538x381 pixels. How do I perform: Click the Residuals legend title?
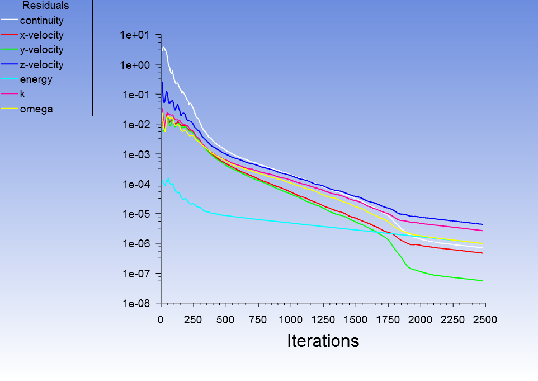pyautogui.click(x=45, y=6)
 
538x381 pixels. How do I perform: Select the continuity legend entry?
pyautogui.click(x=41, y=21)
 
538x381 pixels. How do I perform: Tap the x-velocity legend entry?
pyautogui.click(x=41, y=36)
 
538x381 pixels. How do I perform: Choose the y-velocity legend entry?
pyautogui.click(x=41, y=50)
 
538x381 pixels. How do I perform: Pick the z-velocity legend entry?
pyautogui.click(x=41, y=65)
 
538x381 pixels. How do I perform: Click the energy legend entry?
pyautogui.click(x=36, y=79)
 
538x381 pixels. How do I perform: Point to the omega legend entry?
pyautogui.click(x=36, y=109)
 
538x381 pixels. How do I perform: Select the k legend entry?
pyautogui.click(x=22, y=94)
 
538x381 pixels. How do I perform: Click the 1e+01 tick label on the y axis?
pyautogui.click(x=135, y=35)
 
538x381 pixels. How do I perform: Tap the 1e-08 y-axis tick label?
pyautogui.click(x=135, y=304)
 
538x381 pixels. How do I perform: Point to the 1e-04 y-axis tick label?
pyautogui.click(x=135, y=185)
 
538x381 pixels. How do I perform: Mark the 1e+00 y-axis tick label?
pyautogui.click(x=135, y=65)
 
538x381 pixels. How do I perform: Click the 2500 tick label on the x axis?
pyautogui.click(x=485, y=319)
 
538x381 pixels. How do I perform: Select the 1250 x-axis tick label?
pyautogui.click(x=355, y=319)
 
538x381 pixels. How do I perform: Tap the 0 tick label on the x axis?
pyautogui.click(x=161, y=319)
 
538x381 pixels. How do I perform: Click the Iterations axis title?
pyautogui.click(x=323, y=340)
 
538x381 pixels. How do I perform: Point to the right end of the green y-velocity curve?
pyautogui.click(x=483, y=281)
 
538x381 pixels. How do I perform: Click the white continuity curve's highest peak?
pyautogui.click(x=163, y=48)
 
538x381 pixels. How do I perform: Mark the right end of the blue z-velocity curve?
pyautogui.click(x=483, y=224)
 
